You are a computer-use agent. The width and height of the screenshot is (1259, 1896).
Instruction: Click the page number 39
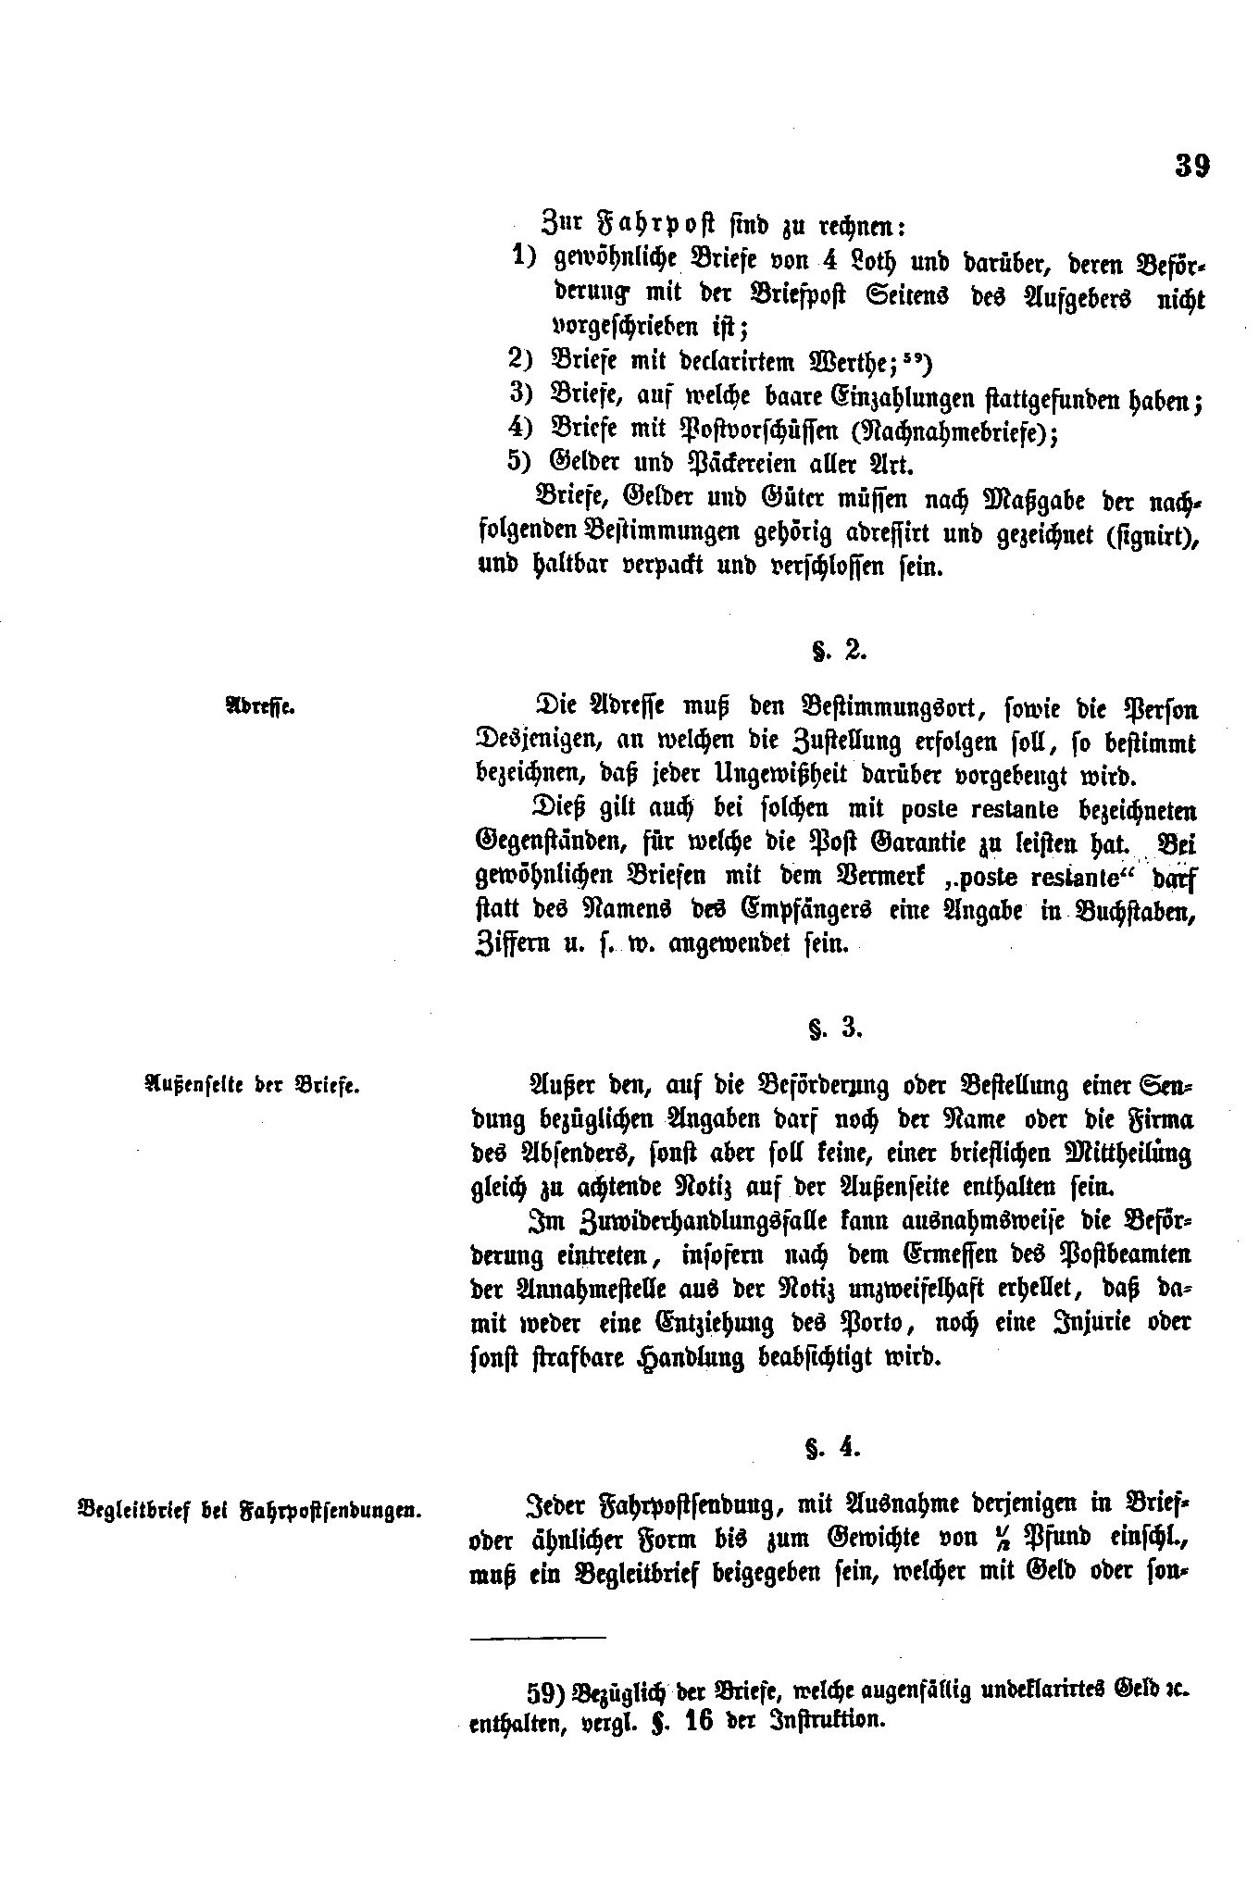[1191, 166]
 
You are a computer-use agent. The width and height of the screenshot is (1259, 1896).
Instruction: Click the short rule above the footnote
[537, 1637]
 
